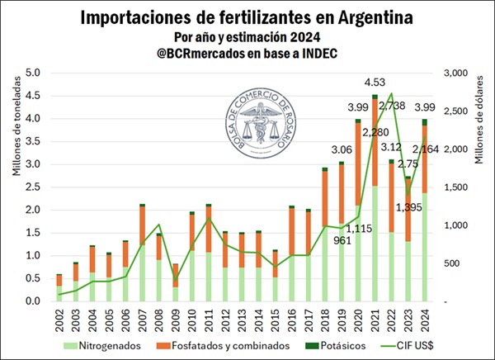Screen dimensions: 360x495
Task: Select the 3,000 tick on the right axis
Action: [x=457, y=73]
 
